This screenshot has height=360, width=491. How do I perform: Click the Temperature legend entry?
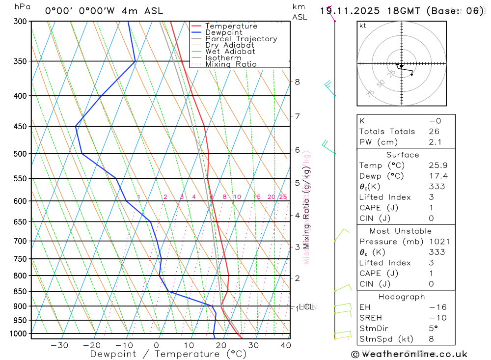pyautogui.click(x=231, y=26)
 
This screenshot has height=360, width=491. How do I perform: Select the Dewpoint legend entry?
pyautogui.click(x=223, y=32)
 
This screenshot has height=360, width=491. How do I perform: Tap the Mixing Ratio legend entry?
pyautogui.click(x=231, y=64)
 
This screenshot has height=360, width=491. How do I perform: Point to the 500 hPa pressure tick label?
pyautogui.click(x=21, y=154)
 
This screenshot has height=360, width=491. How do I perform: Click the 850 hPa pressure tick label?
pyautogui.click(x=21, y=291)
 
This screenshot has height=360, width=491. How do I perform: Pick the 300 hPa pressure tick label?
pyautogui.click(x=21, y=22)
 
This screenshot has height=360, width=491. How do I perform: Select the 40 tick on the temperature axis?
pyautogui.click(x=285, y=345)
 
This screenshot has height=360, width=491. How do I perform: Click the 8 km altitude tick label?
pyautogui.click(x=297, y=82)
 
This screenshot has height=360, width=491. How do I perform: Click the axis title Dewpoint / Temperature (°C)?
pyautogui.click(x=168, y=354)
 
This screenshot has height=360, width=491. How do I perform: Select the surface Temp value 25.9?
pyautogui.click(x=437, y=166)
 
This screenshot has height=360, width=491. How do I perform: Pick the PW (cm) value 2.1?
pyautogui.click(x=435, y=142)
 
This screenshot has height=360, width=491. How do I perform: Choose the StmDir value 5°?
pyautogui.click(x=432, y=329)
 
